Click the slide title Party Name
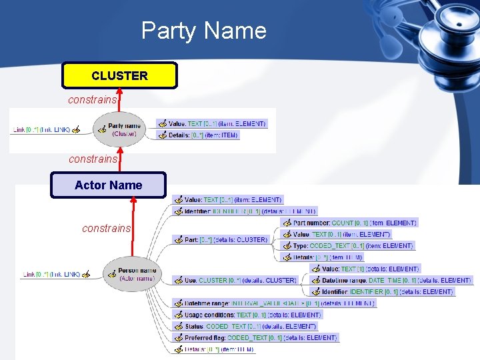tap(203, 31)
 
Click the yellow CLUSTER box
tap(119, 76)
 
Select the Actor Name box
tap(108, 185)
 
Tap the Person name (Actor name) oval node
tap(131, 273)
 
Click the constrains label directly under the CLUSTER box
tap(92, 99)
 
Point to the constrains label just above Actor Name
tap(93, 159)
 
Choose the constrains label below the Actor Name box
tap(106, 228)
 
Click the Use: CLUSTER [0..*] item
tap(239, 281)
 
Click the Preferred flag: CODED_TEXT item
tap(259, 338)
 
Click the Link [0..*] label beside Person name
tap(51, 274)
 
